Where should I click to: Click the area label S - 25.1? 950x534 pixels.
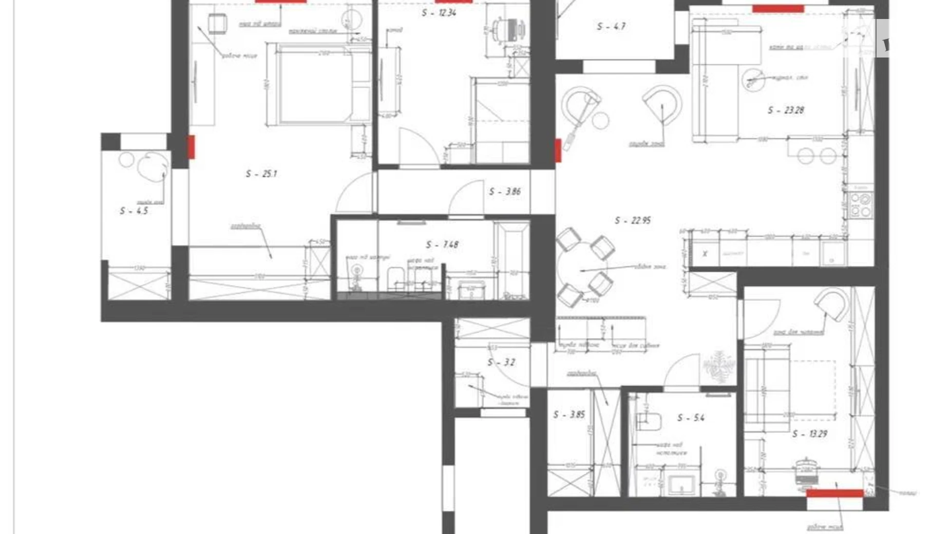coord(261,174)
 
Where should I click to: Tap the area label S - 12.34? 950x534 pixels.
coord(439,13)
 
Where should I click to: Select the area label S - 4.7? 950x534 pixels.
coord(611,26)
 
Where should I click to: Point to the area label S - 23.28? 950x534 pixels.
coord(786,110)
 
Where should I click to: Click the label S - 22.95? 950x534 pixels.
coord(633,220)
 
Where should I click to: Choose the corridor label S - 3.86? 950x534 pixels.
coord(504,192)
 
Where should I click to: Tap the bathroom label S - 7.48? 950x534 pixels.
coord(442,245)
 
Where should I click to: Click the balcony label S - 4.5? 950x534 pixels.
coord(134,211)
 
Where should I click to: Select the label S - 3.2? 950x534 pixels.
coord(501,363)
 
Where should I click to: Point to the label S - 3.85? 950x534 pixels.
coord(569,414)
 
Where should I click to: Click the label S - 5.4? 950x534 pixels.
coord(691,418)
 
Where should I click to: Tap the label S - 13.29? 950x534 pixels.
coord(809,434)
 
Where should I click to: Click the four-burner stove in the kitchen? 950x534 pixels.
coord(861,204)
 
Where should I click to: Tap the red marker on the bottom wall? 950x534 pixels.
coord(834,493)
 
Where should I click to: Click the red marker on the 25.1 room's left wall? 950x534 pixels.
coord(191,147)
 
